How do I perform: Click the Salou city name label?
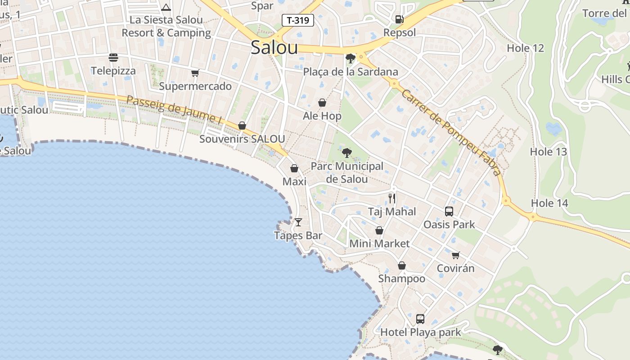pos(274,47)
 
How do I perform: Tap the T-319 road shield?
pos(297,20)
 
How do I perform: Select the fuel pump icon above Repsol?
pos(399,19)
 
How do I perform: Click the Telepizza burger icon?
pos(113,58)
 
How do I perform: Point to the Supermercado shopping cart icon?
pos(195,73)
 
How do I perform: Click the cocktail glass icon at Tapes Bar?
pos(298,222)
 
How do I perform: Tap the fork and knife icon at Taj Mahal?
pos(392,198)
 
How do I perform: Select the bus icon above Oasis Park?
pos(449,211)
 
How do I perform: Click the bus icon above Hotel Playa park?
pos(420,319)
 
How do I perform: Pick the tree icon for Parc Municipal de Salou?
pos(346,153)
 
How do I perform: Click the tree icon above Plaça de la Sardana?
pos(350,58)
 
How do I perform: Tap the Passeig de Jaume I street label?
pos(174,109)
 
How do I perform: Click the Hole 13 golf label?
pos(548,152)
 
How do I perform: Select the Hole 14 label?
pos(549,203)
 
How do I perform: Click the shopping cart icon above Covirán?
pos(455,255)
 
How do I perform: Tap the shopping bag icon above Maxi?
pos(294,168)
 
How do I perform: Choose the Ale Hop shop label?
pos(322,116)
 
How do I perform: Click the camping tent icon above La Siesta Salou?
pos(166,7)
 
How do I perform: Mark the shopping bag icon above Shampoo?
pos(401,265)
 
